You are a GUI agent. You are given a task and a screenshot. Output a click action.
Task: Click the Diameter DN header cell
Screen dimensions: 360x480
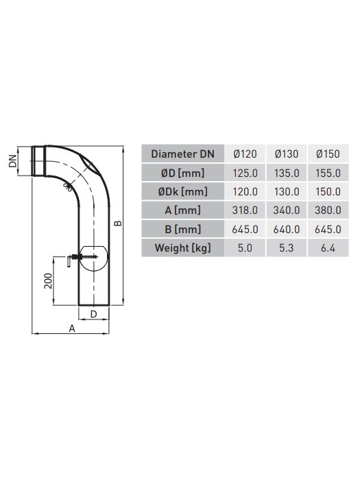point(183,154)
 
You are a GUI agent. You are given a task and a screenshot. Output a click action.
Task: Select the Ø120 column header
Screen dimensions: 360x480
point(245,154)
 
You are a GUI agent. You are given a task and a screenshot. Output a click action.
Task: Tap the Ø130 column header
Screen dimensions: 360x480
point(287,154)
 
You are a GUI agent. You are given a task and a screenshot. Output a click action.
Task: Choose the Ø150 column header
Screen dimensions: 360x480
point(328,154)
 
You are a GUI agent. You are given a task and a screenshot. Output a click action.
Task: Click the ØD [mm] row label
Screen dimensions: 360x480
point(183,173)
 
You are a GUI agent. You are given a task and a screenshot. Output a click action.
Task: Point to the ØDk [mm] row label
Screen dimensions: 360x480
point(183,191)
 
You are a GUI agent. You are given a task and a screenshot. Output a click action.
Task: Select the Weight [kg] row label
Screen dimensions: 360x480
point(183,248)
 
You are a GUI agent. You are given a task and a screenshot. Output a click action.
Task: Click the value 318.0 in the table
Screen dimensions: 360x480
point(245,211)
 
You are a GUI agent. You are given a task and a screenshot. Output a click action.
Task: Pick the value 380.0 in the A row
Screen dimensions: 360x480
point(328,211)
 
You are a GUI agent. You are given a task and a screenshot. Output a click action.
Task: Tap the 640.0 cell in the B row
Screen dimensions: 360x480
point(287,229)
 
